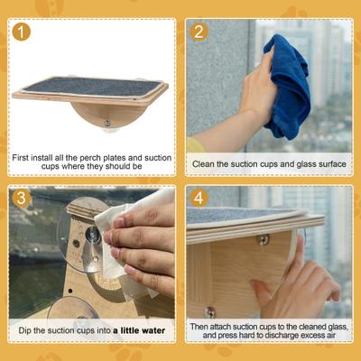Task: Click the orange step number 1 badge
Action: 22,32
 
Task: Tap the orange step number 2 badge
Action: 200,32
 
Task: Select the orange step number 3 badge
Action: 22,199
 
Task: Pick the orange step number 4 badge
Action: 200,199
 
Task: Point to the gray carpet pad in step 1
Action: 90,86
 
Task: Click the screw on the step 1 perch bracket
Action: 106,122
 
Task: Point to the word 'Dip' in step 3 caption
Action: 26,330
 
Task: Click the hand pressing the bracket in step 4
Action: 293,284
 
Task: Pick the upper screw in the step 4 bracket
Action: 263,240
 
